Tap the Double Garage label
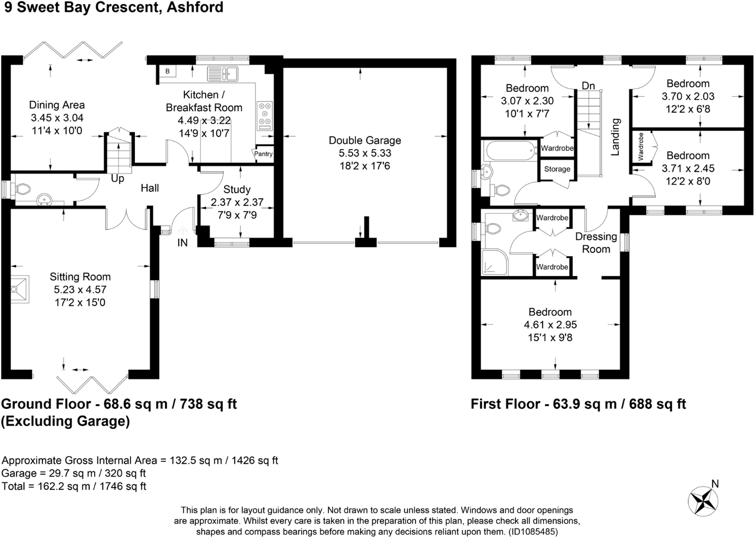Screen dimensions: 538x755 (365, 140)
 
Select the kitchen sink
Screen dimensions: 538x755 (222, 74)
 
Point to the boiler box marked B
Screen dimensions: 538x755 (167, 71)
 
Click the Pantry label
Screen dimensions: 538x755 (263, 154)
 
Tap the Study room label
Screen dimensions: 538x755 (237, 189)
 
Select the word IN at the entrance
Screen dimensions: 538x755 (182, 243)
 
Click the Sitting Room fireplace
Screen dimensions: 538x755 (20, 288)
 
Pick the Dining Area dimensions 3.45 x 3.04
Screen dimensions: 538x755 (57, 118)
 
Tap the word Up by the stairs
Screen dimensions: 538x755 (117, 179)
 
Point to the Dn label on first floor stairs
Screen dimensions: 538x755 (588, 86)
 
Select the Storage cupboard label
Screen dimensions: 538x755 (557, 169)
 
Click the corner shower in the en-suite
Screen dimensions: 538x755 (494, 262)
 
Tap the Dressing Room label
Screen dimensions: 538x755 (596, 243)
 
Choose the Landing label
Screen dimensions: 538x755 (615, 137)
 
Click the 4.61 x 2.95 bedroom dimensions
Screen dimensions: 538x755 (550, 325)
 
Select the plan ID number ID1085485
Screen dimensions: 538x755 (532, 532)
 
